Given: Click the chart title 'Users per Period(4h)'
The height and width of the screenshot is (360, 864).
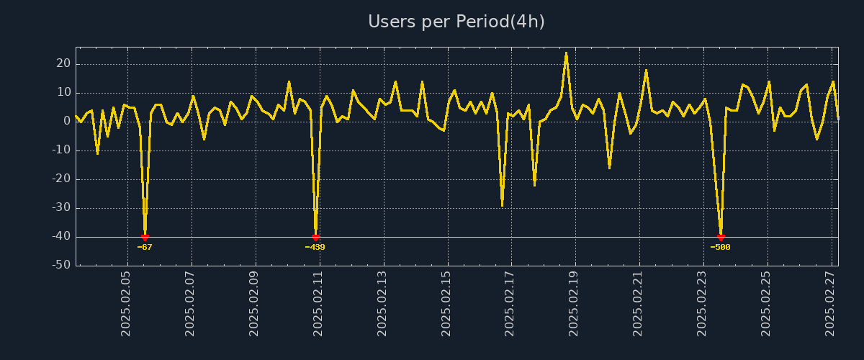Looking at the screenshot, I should [x=456, y=22].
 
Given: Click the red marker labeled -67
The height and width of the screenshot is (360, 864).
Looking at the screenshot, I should [x=145, y=237].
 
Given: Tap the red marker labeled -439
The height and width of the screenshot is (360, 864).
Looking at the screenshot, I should [x=315, y=237].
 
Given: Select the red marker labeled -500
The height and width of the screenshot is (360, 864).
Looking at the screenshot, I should [x=720, y=237].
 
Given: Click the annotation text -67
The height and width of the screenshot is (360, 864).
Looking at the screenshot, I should [x=145, y=247].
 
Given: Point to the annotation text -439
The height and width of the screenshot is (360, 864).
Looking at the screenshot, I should [x=315, y=247].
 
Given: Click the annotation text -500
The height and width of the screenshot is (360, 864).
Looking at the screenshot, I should [x=720, y=247].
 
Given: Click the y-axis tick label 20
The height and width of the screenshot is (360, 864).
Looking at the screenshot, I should [x=63, y=64].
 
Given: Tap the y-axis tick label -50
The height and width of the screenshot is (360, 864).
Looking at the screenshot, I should [x=61, y=266].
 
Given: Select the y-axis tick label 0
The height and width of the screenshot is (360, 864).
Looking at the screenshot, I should [x=67, y=122].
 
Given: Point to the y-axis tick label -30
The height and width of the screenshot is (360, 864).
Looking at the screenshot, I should [x=61, y=208].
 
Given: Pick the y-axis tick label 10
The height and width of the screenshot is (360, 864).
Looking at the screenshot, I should [x=63, y=93].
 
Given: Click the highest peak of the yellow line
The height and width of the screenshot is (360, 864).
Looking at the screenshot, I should [x=566, y=53].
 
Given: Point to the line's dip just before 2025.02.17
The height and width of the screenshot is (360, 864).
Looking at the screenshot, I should [x=502, y=206].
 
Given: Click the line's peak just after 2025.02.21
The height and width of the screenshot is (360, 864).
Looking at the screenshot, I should [x=646, y=70].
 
